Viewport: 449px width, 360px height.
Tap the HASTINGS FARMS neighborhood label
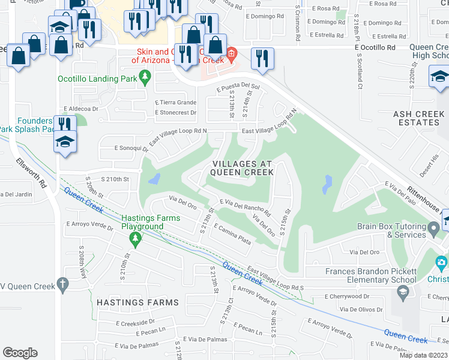[137, 302]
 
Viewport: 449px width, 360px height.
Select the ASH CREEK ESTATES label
[417, 118]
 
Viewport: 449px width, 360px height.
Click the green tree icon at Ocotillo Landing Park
[145, 77]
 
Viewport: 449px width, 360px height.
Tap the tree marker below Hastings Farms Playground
[136, 240]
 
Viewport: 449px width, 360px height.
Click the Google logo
[20, 353]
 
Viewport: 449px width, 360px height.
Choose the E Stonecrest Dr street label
[175, 113]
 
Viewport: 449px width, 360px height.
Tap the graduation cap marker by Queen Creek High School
[439, 77]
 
